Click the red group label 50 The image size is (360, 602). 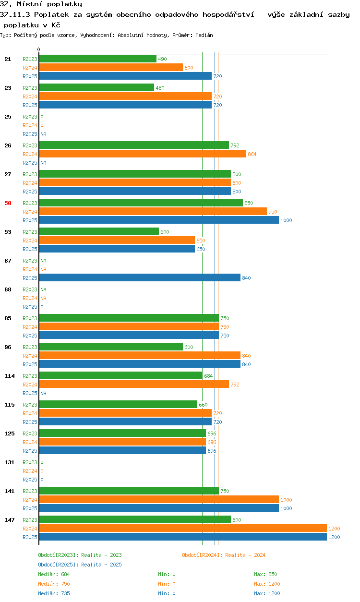[8, 203]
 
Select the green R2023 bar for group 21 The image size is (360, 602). [98, 59]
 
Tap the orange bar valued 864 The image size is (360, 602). [143, 154]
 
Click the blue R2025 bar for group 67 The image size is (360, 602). [140, 278]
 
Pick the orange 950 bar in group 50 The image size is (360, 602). [153, 212]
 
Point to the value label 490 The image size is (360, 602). [162, 59]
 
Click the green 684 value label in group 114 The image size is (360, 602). [208, 376]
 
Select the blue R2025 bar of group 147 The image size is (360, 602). [183, 537]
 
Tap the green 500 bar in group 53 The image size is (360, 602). [99, 232]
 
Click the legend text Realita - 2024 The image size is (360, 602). [245, 555]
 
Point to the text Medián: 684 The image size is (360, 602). [54, 574]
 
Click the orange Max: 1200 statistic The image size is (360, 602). [267, 584]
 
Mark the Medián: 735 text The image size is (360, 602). [54, 593]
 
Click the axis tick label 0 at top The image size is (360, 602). [39, 49]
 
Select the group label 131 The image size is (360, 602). [10, 462]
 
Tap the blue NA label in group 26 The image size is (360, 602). [43, 163]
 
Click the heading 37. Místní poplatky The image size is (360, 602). [41, 4]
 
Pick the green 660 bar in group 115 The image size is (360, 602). [118, 405]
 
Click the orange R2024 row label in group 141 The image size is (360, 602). [30, 500]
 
